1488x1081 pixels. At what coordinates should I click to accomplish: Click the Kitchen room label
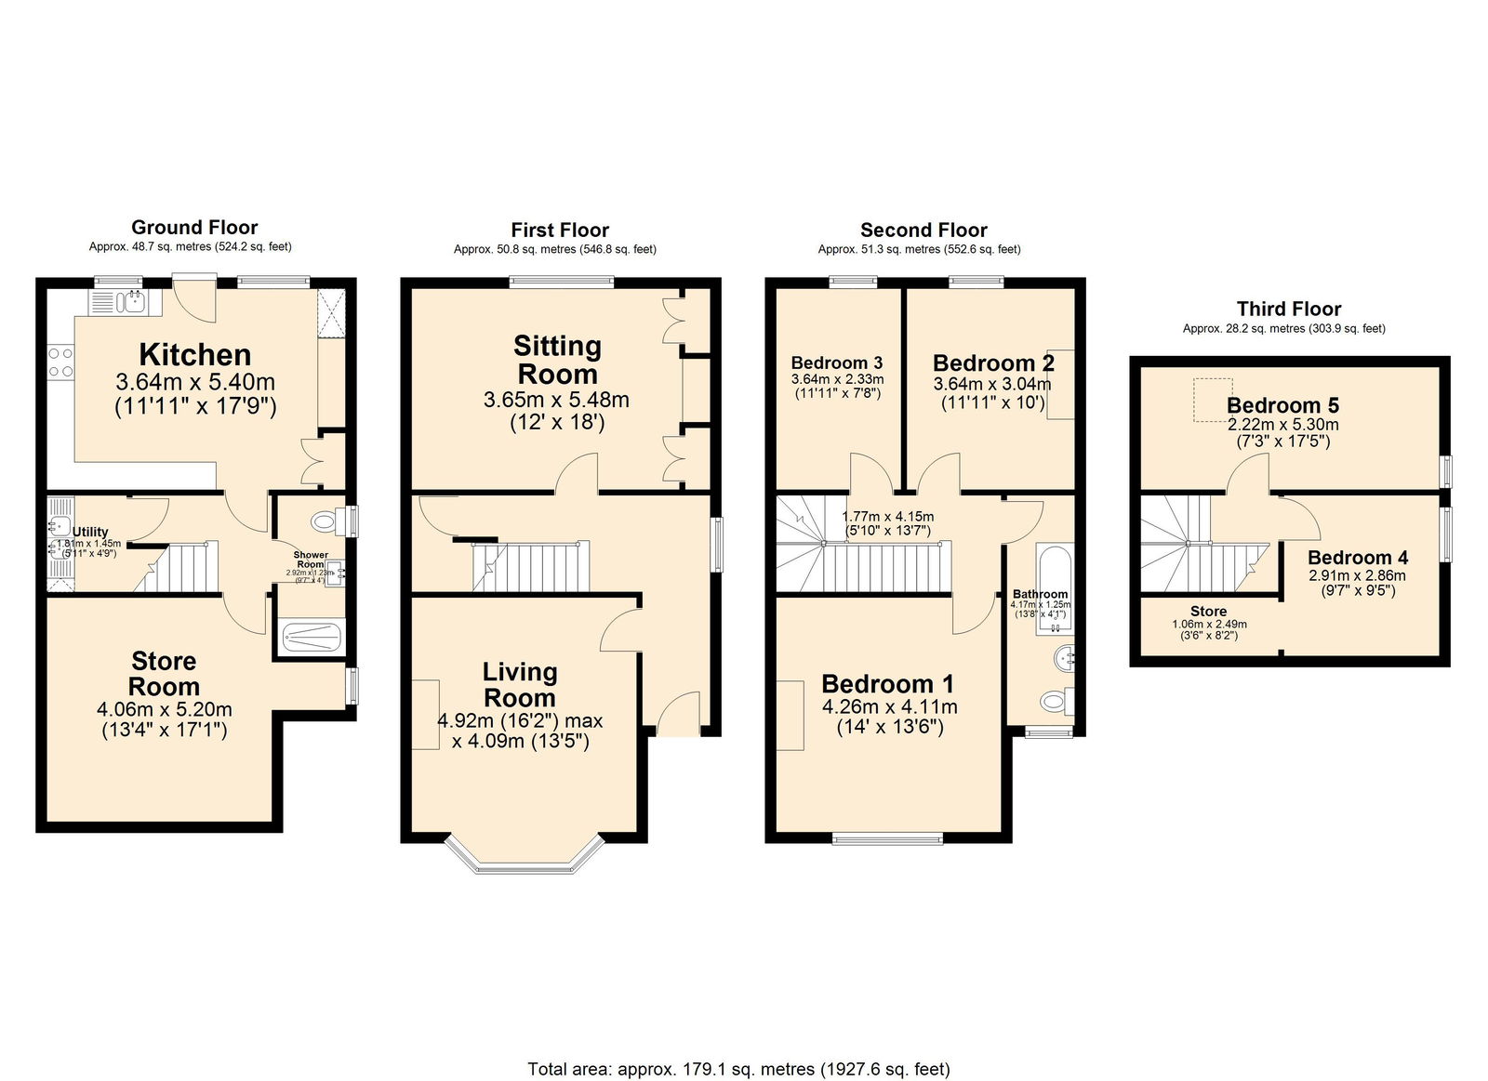pos(195,354)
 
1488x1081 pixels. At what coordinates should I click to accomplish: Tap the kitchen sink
pos(126,301)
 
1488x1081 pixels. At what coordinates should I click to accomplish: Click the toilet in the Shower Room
pos(326,521)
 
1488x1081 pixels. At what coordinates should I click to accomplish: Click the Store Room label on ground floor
pos(164,674)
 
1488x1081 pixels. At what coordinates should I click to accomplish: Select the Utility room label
pos(90,532)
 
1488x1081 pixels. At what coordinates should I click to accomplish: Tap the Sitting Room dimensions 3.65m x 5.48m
pos(556,401)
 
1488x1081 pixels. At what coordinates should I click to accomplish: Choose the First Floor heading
pos(560,230)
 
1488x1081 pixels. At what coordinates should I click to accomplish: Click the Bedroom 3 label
pos(837,363)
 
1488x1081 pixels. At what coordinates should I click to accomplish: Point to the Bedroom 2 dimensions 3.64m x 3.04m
pos(992,384)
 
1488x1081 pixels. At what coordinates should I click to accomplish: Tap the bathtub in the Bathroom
pos(1054,587)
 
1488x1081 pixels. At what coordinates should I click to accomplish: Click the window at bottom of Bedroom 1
pos(887,839)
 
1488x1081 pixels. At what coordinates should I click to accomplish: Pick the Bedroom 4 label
pos(1358,558)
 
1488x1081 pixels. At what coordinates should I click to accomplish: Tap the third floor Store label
pos(1209,611)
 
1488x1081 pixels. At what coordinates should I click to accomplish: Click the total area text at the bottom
pos(738,1069)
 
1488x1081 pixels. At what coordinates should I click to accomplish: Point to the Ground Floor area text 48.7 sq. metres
pos(191,247)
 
